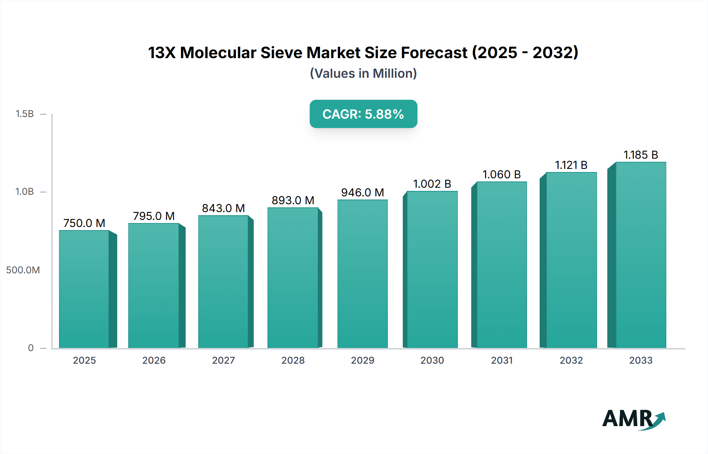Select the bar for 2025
point(84,289)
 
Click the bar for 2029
point(362,274)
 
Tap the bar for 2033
point(640,255)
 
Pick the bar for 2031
point(501,265)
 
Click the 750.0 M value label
point(84,223)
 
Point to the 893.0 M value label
point(293,200)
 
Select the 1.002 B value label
point(432,184)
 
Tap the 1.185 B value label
point(641,155)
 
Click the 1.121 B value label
point(571,165)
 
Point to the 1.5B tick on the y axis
point(24,114)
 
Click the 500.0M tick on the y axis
point(23,270)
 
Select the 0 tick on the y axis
point(31,348)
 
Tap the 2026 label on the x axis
point(154,360)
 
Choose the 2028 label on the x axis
point(293,360)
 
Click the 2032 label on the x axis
point(571,360)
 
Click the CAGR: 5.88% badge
point(363,114)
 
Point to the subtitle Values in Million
point(363,73)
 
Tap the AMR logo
point(633,419)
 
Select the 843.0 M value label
point(223,208)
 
